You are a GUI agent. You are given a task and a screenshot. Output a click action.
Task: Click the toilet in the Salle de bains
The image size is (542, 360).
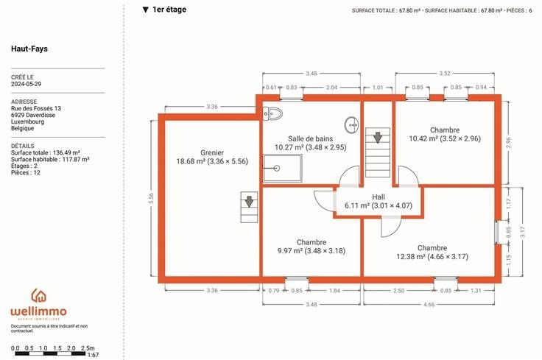(x=272, y=113)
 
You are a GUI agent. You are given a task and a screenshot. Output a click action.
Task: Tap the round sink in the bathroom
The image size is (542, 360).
(x=351, y=124)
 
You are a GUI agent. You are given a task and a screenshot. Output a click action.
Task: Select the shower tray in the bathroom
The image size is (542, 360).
(x=282, y=169)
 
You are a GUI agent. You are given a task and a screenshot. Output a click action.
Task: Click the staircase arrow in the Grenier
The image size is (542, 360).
(x=249, y=201)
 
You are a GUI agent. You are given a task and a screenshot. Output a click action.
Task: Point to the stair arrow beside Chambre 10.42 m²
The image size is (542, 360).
(x=378, y=138)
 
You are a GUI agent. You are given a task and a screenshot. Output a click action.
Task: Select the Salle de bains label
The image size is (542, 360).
(x=311, y=138)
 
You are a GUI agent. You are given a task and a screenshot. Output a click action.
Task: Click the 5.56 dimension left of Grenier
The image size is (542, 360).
(x=151, y=198)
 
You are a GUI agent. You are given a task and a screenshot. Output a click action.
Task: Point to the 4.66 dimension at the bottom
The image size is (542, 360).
(x=429, y=304)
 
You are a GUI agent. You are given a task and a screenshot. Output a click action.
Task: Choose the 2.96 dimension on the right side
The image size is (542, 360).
(x=508, y=143)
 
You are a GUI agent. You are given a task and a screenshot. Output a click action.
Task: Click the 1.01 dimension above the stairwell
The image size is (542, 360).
(x=378, y=88)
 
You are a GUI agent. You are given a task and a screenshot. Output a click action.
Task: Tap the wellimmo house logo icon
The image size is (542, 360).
(x=39, y=296)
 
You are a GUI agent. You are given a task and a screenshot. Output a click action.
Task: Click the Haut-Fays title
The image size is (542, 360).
(x=29, y=49)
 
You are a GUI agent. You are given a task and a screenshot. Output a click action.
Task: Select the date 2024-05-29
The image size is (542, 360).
(x=26, y=84)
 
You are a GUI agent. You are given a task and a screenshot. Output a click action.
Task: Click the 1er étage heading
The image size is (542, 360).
(x=169, y=10)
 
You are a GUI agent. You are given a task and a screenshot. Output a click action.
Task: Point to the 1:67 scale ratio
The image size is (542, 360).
(x=93, y=355)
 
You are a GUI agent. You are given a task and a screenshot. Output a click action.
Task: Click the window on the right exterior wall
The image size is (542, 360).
(x=497, y=232)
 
